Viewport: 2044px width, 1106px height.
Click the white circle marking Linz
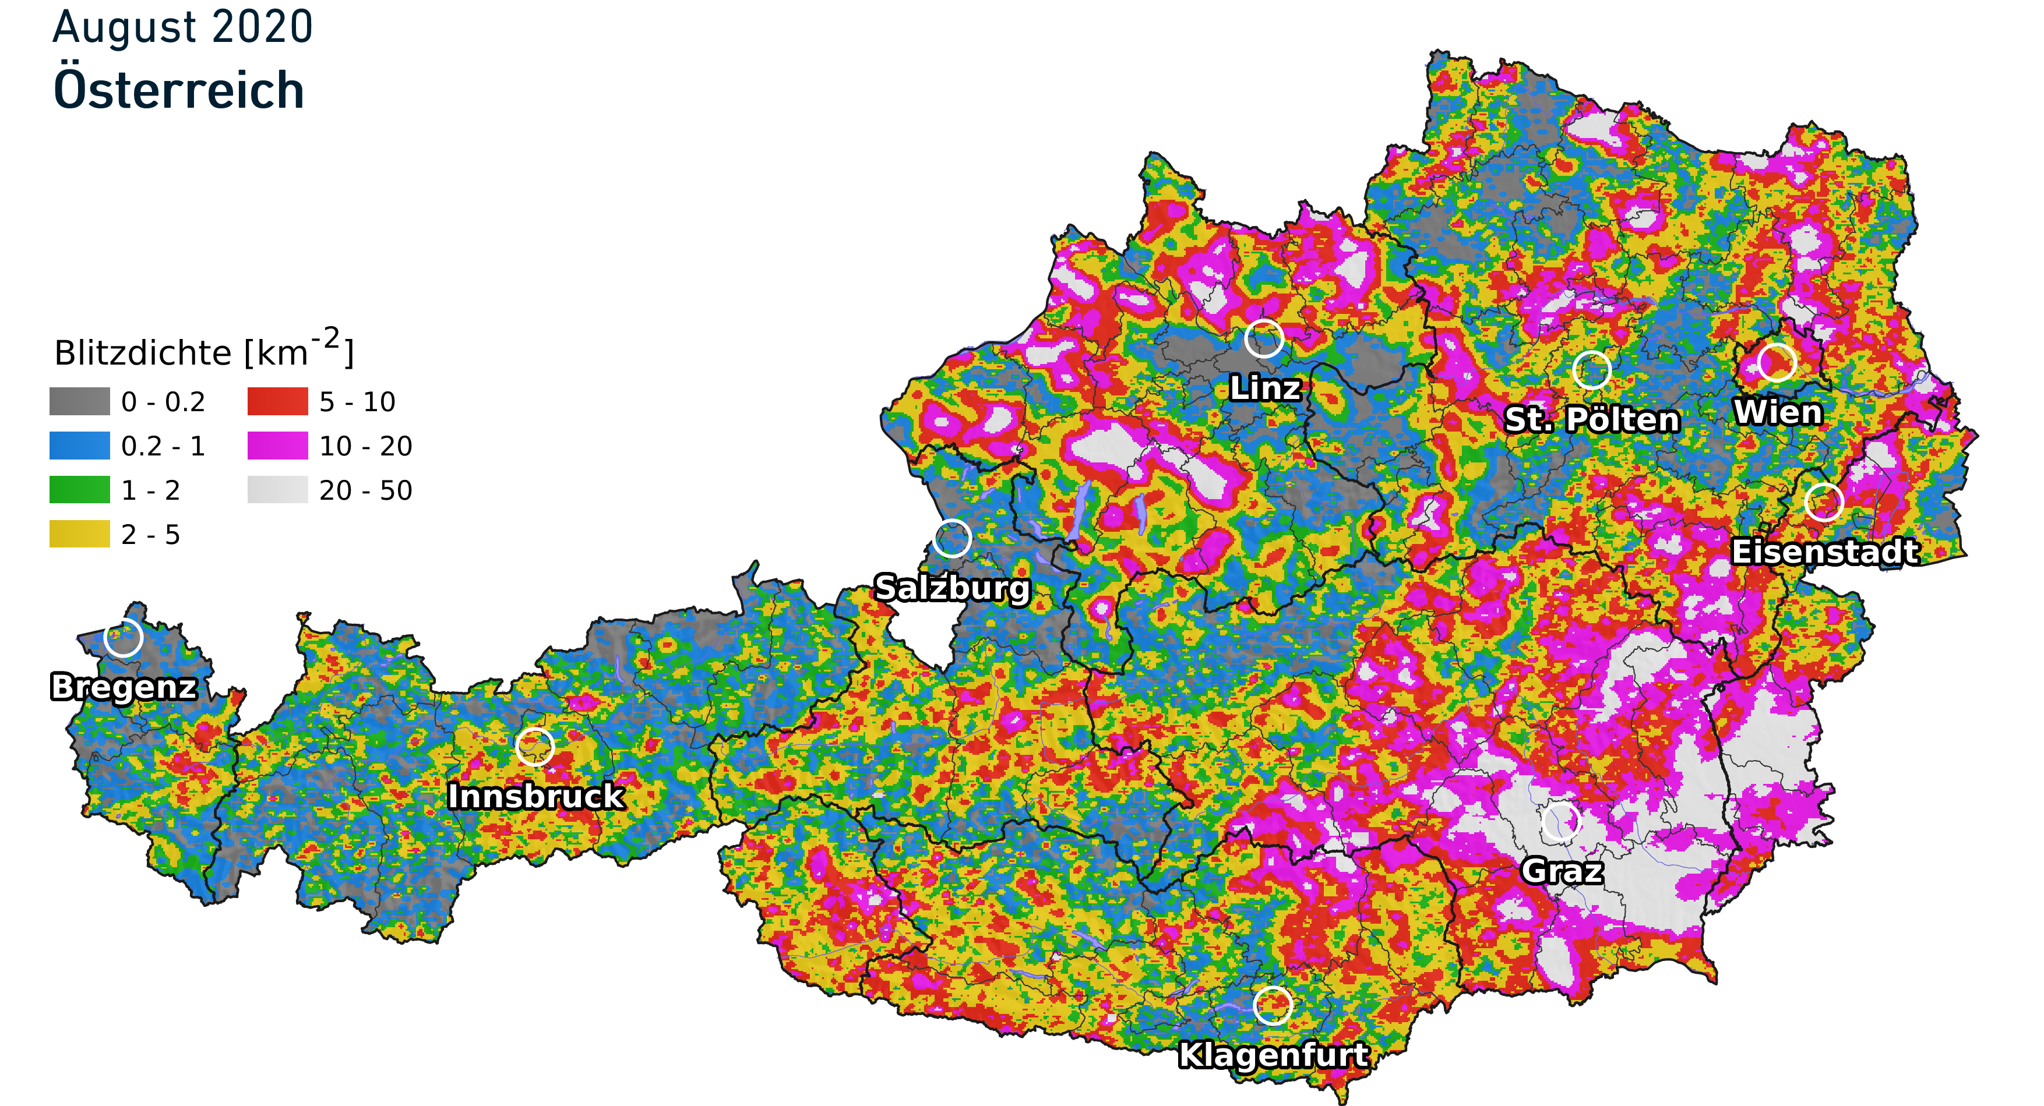tap(1263, 339)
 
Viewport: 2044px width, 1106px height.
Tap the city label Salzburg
tap(951, 588)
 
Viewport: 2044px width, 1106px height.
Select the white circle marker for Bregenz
tap(123, 637)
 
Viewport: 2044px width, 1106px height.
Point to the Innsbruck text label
tap(535, 796)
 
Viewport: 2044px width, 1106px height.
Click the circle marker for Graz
tap(1561, 821)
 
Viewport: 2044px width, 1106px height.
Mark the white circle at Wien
tap(1777, 363)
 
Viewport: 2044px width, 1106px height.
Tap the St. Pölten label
tap(1592, 419)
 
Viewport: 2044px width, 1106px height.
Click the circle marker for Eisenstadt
tap(1823, 501)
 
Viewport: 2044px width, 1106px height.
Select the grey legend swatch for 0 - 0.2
tap(79, 401)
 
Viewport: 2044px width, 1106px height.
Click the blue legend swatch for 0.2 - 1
tap(79, 446)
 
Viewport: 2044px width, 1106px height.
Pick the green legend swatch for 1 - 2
tap(79, 490)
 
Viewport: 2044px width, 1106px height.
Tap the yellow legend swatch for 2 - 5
tap(79, 534)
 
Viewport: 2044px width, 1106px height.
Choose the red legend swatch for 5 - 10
tap(278, 401)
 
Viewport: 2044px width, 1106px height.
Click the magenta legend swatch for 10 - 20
tap(278, 446)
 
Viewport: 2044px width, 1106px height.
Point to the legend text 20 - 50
tap(366, 490)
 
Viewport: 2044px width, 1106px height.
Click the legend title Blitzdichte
tap(143, 353)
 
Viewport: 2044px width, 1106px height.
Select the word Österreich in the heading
tap(178, 90)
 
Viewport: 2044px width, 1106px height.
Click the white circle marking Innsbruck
tap(535, 747)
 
